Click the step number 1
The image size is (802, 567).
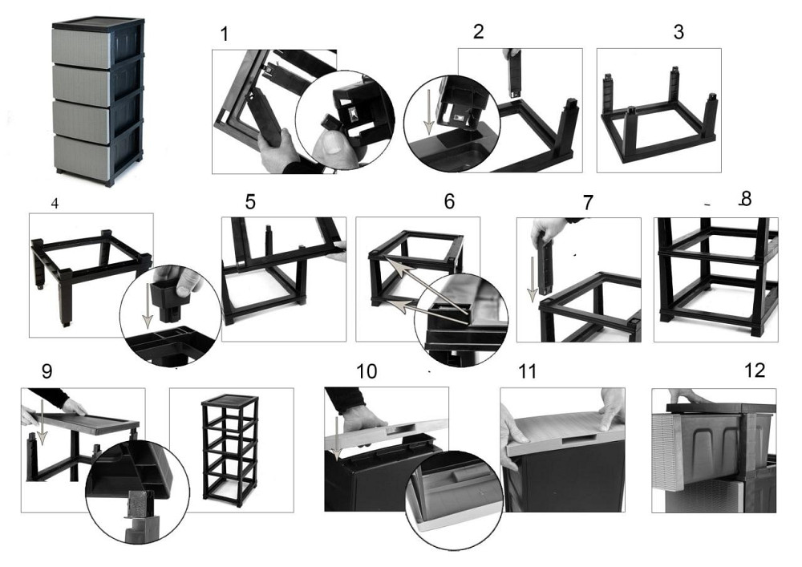(225, 34)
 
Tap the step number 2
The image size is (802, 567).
(479, 32)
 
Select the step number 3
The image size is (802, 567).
(678, 33)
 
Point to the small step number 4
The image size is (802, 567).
(55, 204)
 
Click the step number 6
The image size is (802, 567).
(449, 201)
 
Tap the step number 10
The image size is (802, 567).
(367, 372)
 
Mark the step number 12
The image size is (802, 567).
(755, 370)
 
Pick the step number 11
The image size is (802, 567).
(527, 372)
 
